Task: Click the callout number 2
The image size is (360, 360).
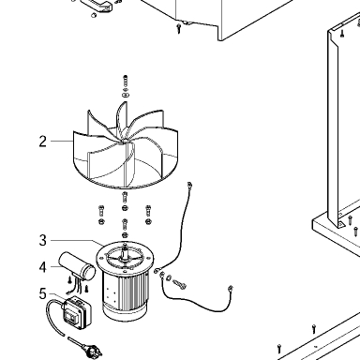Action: click(43, 142)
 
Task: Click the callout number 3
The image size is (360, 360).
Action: click(43, 240)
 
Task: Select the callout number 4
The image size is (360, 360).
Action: click(43, 267)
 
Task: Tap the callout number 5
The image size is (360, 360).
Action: click(43, 293)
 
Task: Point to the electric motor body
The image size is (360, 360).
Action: click(125, 281)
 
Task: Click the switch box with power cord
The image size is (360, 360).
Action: click(77, 312)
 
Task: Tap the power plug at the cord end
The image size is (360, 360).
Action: click(93, 351)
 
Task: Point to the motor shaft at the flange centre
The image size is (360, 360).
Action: click(126, 253)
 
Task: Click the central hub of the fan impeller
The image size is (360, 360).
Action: click(125, 142)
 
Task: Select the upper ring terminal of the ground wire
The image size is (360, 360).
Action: click(189, 184)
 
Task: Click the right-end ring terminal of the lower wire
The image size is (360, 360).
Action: click(231, 288)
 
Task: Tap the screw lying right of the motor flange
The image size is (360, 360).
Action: click(179, 284)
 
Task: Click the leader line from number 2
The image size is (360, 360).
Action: click(62, 142)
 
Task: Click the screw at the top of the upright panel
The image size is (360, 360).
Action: click(342, 33)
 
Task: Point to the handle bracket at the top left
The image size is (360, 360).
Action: click(97, 6)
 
